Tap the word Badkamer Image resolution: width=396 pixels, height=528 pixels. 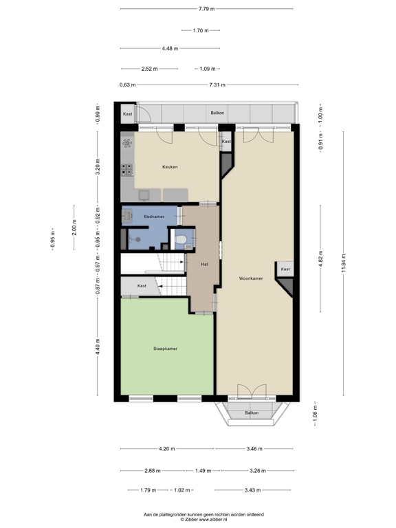point(153,217)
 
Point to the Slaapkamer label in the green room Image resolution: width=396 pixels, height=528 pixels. point(165,349)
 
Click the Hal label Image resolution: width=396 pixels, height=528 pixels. point(204,263)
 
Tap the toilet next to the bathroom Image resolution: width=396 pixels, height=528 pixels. point(180,241)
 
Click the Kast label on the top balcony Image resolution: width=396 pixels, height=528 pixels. point(127,113)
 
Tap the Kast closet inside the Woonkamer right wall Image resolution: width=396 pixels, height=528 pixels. point(285,269)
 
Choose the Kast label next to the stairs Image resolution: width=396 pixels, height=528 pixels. point(142,285)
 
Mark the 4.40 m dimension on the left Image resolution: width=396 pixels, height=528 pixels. point(98,349)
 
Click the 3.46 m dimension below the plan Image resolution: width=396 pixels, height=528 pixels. point(254,449)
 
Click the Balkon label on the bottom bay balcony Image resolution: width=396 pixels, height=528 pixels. point(252,412)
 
